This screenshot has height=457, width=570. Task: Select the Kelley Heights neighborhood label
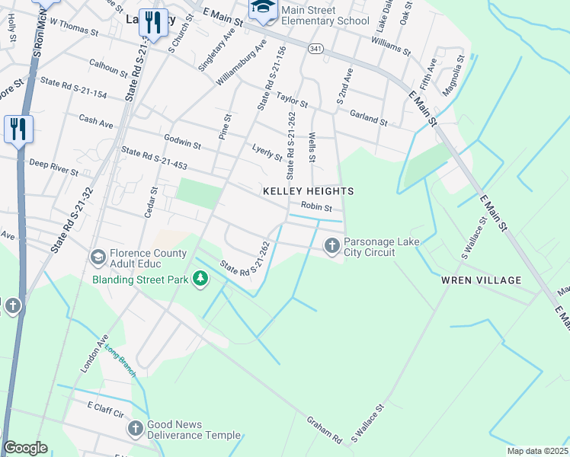tap(309, 190)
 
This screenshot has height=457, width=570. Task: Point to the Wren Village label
tap(481, 280)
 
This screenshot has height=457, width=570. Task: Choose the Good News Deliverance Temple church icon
tap(136, 429)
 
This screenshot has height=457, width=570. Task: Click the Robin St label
tap(316, 207)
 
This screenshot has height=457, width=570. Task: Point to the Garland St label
tap(369, 117)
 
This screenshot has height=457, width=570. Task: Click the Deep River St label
tap(53, 167)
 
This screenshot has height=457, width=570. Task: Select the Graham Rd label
tap(324, 430)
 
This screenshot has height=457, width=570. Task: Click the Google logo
tap(25, 448)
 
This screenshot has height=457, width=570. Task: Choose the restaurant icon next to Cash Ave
tap(18, 129)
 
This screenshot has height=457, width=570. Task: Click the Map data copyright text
tap(536, 451)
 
